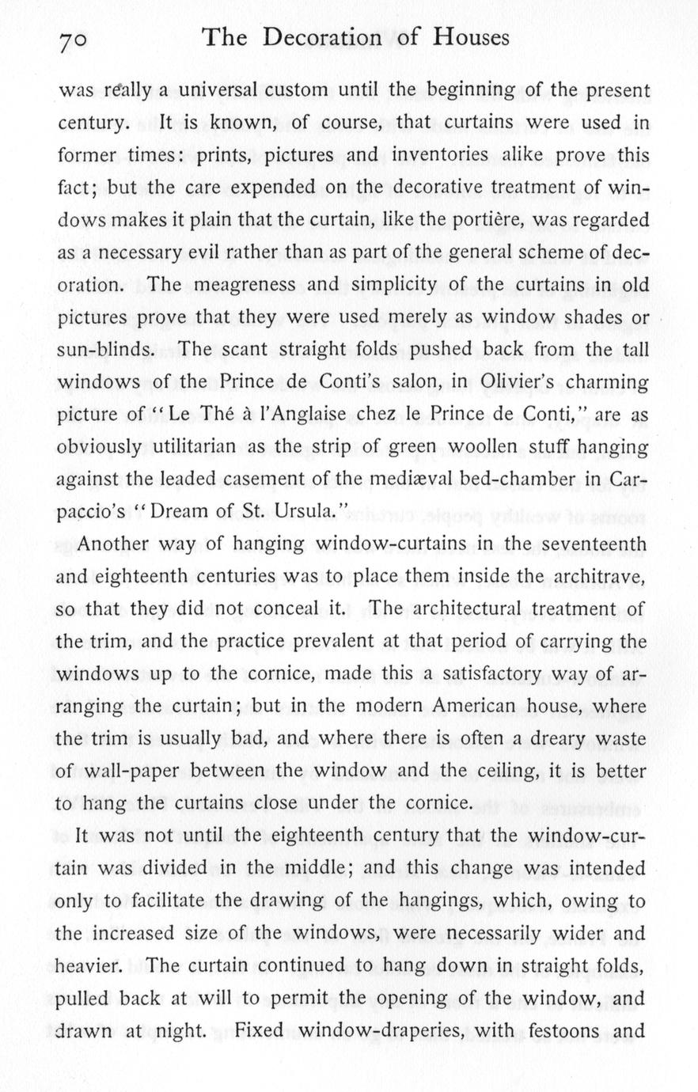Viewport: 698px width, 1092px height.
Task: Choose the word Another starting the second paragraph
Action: pyautogui.click(x=123, y=544)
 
